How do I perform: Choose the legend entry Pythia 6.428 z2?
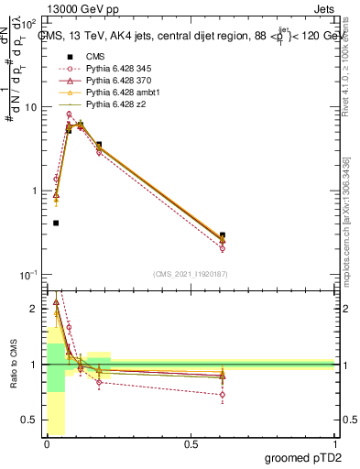tap(110, 103)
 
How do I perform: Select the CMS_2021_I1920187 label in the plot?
tap(190, 273)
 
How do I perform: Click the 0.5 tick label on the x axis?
tap(191, 444)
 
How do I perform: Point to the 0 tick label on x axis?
tap(47, 444)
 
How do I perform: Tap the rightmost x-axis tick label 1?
tap(334, 444)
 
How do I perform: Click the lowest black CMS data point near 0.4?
tap(56, 223)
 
